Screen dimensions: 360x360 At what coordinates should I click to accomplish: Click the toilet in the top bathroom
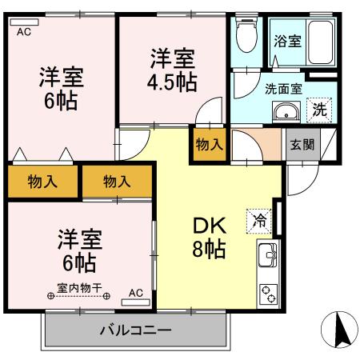click(246, 35)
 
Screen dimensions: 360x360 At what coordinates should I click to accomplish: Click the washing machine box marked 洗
click(319, 110)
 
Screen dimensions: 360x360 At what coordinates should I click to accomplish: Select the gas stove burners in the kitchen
click(267, 294)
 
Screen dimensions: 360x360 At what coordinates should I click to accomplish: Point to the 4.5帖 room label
click(172, 70)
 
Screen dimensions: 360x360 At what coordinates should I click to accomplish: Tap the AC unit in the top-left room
click(24, 31)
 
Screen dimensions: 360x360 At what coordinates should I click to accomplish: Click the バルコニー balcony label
click(134, 330)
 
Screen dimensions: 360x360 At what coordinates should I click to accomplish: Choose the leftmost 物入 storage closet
click(42, 181)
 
